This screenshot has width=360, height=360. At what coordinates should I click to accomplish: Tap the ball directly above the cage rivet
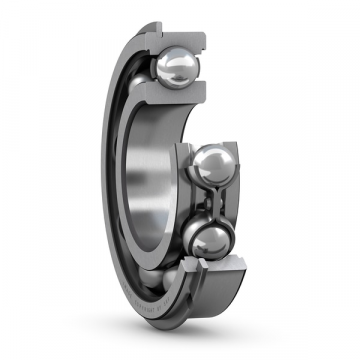click(215, 165)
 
